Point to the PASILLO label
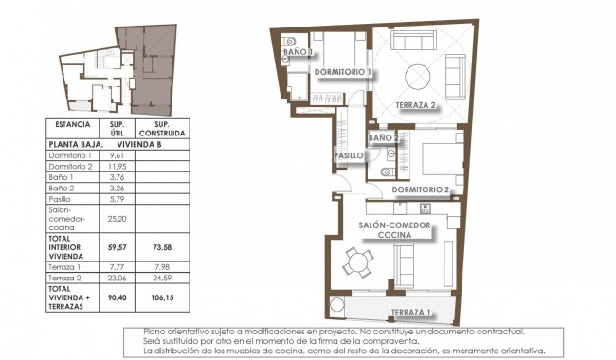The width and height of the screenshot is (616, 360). [x=349, y=155]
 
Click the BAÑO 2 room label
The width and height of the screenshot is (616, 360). [x=382, y=138]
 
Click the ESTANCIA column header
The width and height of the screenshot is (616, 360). [x=73, y=124]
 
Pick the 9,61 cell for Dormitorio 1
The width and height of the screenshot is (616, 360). [x=118, y=155]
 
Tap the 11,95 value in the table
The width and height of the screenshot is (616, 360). [x=118, y=166]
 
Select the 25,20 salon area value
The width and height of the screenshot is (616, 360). [x=118, y=217]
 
